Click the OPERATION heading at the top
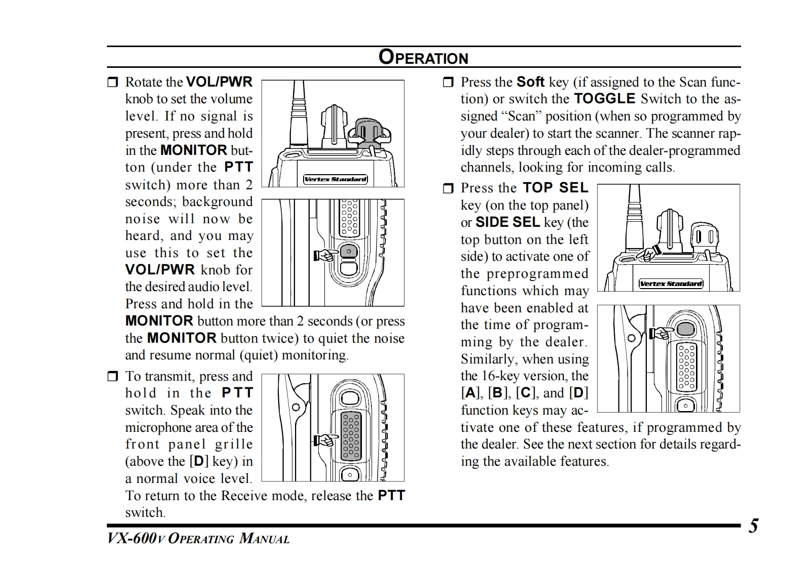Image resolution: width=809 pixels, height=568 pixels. pos(423,57)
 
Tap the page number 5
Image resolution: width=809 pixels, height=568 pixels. pos(754,526)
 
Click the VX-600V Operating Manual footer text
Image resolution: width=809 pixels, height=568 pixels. pos(198,538)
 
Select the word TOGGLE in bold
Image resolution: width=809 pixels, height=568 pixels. pos(604,99)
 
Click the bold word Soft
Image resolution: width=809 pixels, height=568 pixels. pos(530,82)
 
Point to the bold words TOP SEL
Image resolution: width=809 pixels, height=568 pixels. pos(556,188)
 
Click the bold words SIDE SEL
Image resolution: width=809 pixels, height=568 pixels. pos(507,222)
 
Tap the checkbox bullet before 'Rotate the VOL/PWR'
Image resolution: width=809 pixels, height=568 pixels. pos(113,83)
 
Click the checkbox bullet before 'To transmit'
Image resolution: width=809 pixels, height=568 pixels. pos(113,377)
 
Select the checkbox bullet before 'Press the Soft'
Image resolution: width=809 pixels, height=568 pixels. pos(448,83)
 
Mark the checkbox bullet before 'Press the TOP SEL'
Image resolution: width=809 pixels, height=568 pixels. pos(448,189)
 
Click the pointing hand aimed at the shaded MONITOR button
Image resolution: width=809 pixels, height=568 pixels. pos(326,255)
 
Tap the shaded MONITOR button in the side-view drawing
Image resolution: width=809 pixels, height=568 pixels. pos(349,251)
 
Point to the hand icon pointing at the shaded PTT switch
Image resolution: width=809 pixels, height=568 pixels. pos(326,439)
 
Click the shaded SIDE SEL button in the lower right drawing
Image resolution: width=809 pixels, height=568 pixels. pos(686,329)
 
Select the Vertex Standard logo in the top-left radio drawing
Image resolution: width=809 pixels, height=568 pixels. pos(336,179)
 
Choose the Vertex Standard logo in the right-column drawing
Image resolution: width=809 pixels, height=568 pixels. pos(671,283)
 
